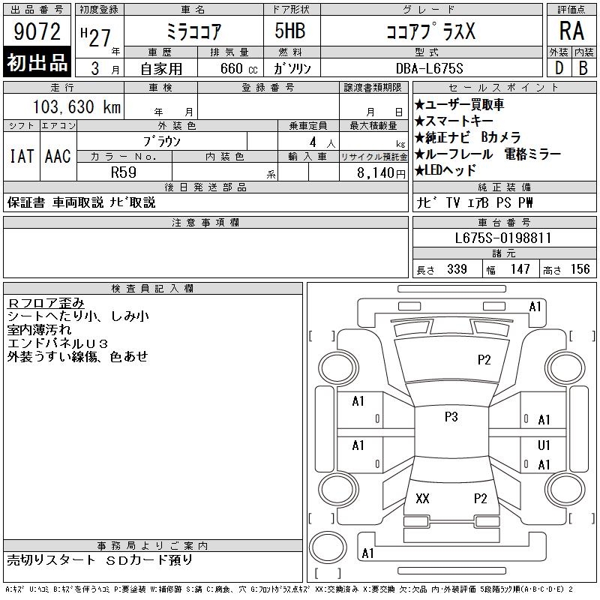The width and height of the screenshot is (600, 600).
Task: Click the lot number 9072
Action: tap(37, 31)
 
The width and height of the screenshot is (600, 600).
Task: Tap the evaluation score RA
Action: tap(571, 31)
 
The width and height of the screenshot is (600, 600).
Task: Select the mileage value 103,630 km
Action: tap(76, 106)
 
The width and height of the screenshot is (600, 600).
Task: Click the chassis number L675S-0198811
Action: tap(502, 238)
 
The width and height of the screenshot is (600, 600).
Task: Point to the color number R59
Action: tap(124, 172)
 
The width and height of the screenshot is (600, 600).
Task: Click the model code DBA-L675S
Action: tap(429, 68)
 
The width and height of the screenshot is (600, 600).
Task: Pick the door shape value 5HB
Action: tap(290, 31)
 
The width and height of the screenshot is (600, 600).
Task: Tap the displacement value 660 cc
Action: tap(238, 68)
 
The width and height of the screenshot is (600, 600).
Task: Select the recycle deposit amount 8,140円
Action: tap(381, 173)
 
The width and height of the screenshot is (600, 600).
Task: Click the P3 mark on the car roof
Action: tap(451, 417)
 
